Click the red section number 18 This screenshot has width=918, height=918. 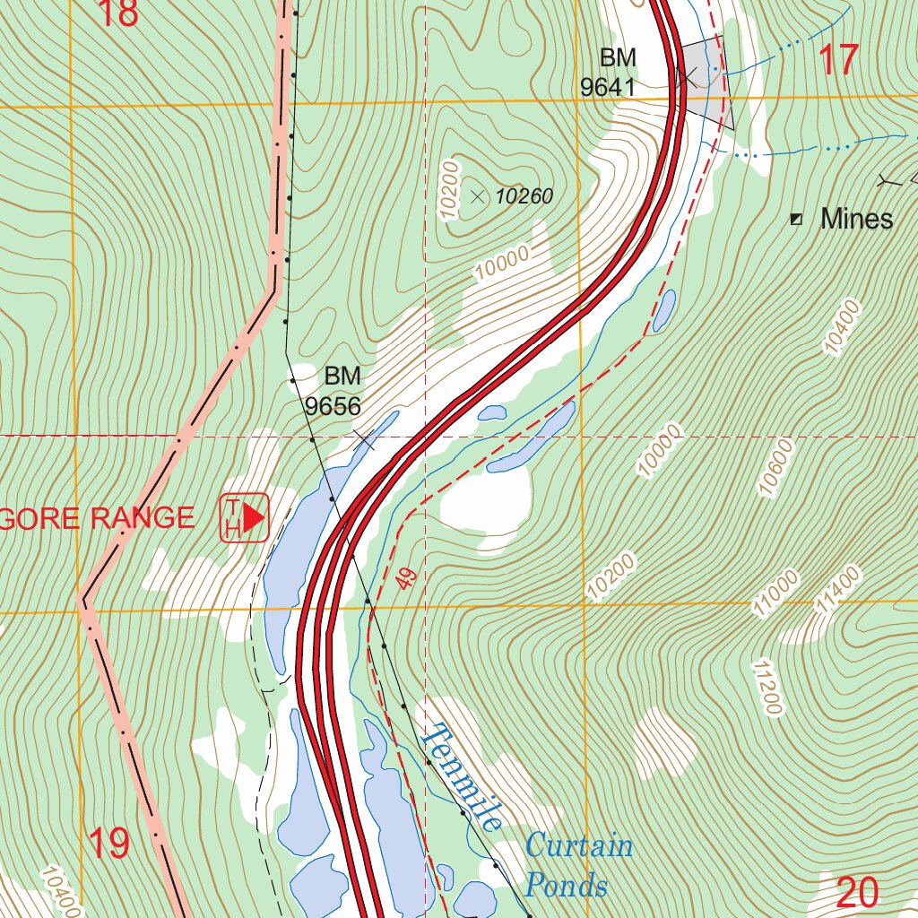click(x=118, y=13)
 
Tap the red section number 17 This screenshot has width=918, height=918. click(x=839, y=59)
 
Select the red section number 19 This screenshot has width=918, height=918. click(x=108, y=844)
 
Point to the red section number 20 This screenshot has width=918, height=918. click(x=858, y=892)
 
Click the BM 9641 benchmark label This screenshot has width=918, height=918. click(x=610, y=73)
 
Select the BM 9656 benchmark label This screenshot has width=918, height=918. click(x=334, y=391)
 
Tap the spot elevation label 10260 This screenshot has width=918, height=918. click(x=524, y=196)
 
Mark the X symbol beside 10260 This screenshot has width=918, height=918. click(x=477, y=195)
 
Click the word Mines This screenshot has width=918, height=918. click(x=856, y=219)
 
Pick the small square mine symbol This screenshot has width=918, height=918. click(x=796, y=219)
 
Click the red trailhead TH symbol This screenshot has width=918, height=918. click(x=246, y=517)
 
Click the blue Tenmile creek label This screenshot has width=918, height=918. click(x=463, y=776)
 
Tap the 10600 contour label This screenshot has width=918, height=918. click(x=777, y=467)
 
